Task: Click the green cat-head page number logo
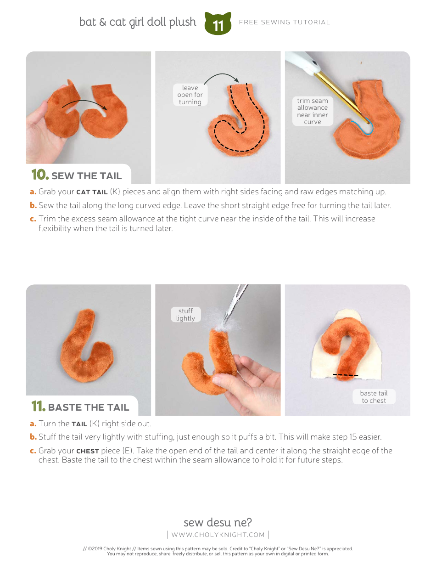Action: pos(218,23)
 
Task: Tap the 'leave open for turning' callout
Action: pos(190,95)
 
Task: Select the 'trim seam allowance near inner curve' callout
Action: pos(313,111)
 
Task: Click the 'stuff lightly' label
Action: pos(185,314)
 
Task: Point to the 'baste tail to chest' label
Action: pos(374,396)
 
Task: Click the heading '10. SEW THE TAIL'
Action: pos(76,175)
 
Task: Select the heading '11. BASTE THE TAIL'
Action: pos(80,407)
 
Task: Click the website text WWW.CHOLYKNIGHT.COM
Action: pos(218,535)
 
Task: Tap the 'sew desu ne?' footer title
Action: pos(218,522)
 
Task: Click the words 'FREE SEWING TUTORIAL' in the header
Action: pos(285,23)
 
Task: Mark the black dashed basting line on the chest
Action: pos(346,375)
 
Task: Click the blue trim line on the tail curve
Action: pos(364,130)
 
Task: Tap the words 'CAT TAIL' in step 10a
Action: pos(92,192)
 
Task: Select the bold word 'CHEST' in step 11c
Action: pos(88,451)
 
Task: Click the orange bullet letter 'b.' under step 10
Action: pos(33,205)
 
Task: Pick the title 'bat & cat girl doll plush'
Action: pos(138,22)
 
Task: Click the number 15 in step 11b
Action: pos(353,437)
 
